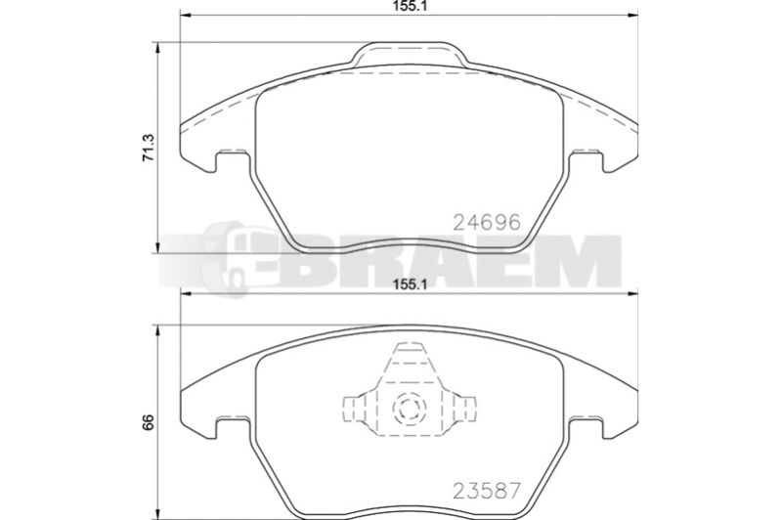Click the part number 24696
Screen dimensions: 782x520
486,222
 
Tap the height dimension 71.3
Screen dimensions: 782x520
150,148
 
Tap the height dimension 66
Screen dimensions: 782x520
149,422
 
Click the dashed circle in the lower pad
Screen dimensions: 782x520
409,409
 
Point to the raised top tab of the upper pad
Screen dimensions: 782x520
410,54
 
